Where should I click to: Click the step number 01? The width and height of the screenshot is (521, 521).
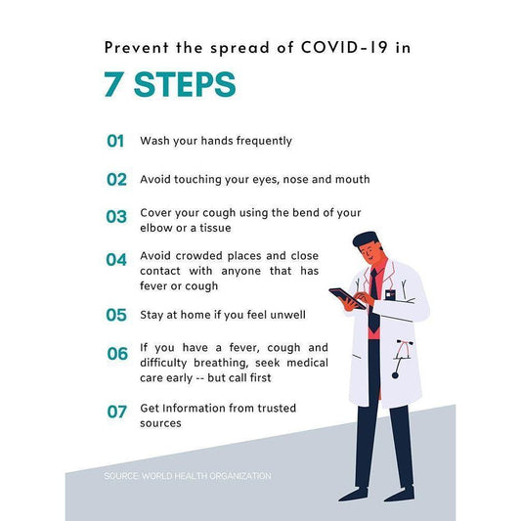pos(115,141)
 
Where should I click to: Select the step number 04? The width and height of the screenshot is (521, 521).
pos(116,260)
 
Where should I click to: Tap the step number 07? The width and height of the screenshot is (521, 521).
pos(116,412)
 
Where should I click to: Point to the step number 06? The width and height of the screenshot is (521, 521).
pos(117,354)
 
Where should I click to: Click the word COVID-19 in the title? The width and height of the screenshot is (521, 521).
pos(344,47)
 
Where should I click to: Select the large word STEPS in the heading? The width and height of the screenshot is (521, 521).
pos(185,84)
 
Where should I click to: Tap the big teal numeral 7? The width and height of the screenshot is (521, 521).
pos(112,84)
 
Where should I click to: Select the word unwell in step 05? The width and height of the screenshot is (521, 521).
pos(287,315)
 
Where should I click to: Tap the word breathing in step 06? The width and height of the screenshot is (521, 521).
pos(221,364)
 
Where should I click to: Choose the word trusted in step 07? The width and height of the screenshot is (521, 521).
pos(277,408)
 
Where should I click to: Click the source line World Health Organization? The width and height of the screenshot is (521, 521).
pos(188,476)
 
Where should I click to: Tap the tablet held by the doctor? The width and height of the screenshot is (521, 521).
pos(346,298)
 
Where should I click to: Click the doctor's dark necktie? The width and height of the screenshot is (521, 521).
pos(373,299)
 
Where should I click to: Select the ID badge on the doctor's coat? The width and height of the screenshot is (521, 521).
pos(390,295)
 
